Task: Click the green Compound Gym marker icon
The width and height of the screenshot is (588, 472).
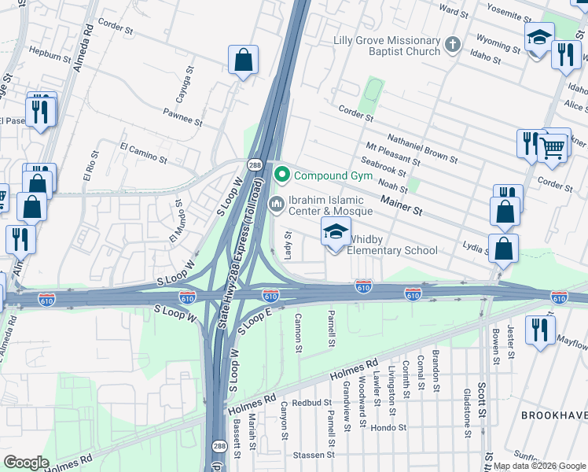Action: click(x=281, y=175)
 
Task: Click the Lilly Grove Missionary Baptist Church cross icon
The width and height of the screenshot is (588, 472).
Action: click(x=452, y=45)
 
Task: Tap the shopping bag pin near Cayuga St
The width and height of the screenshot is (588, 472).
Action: click(x=243, y=61)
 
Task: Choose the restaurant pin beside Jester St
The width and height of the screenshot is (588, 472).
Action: click(x=539, y=330)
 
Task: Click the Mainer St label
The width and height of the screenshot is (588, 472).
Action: click(x=402, y=206)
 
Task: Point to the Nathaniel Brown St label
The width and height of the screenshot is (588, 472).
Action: click(x=422, y=147)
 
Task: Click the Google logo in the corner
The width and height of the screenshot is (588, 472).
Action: click(x=27, y=463)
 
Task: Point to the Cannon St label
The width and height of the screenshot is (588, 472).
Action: click(x=298, y=332)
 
